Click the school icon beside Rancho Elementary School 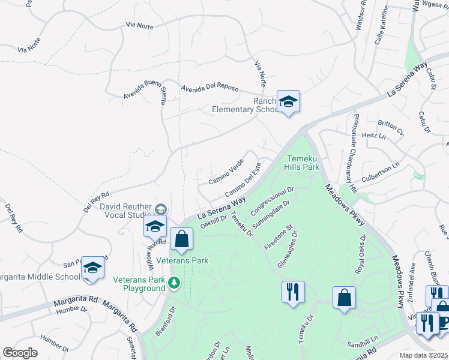(288, 102)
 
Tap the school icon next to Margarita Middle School (93, 268)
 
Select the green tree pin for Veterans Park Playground (175, 282)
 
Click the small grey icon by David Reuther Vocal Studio (160, 209)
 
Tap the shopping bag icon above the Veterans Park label (181, 239)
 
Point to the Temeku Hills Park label (302, 163)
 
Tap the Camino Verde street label (226, 172)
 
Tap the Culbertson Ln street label (380, 172)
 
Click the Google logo (20, 353)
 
